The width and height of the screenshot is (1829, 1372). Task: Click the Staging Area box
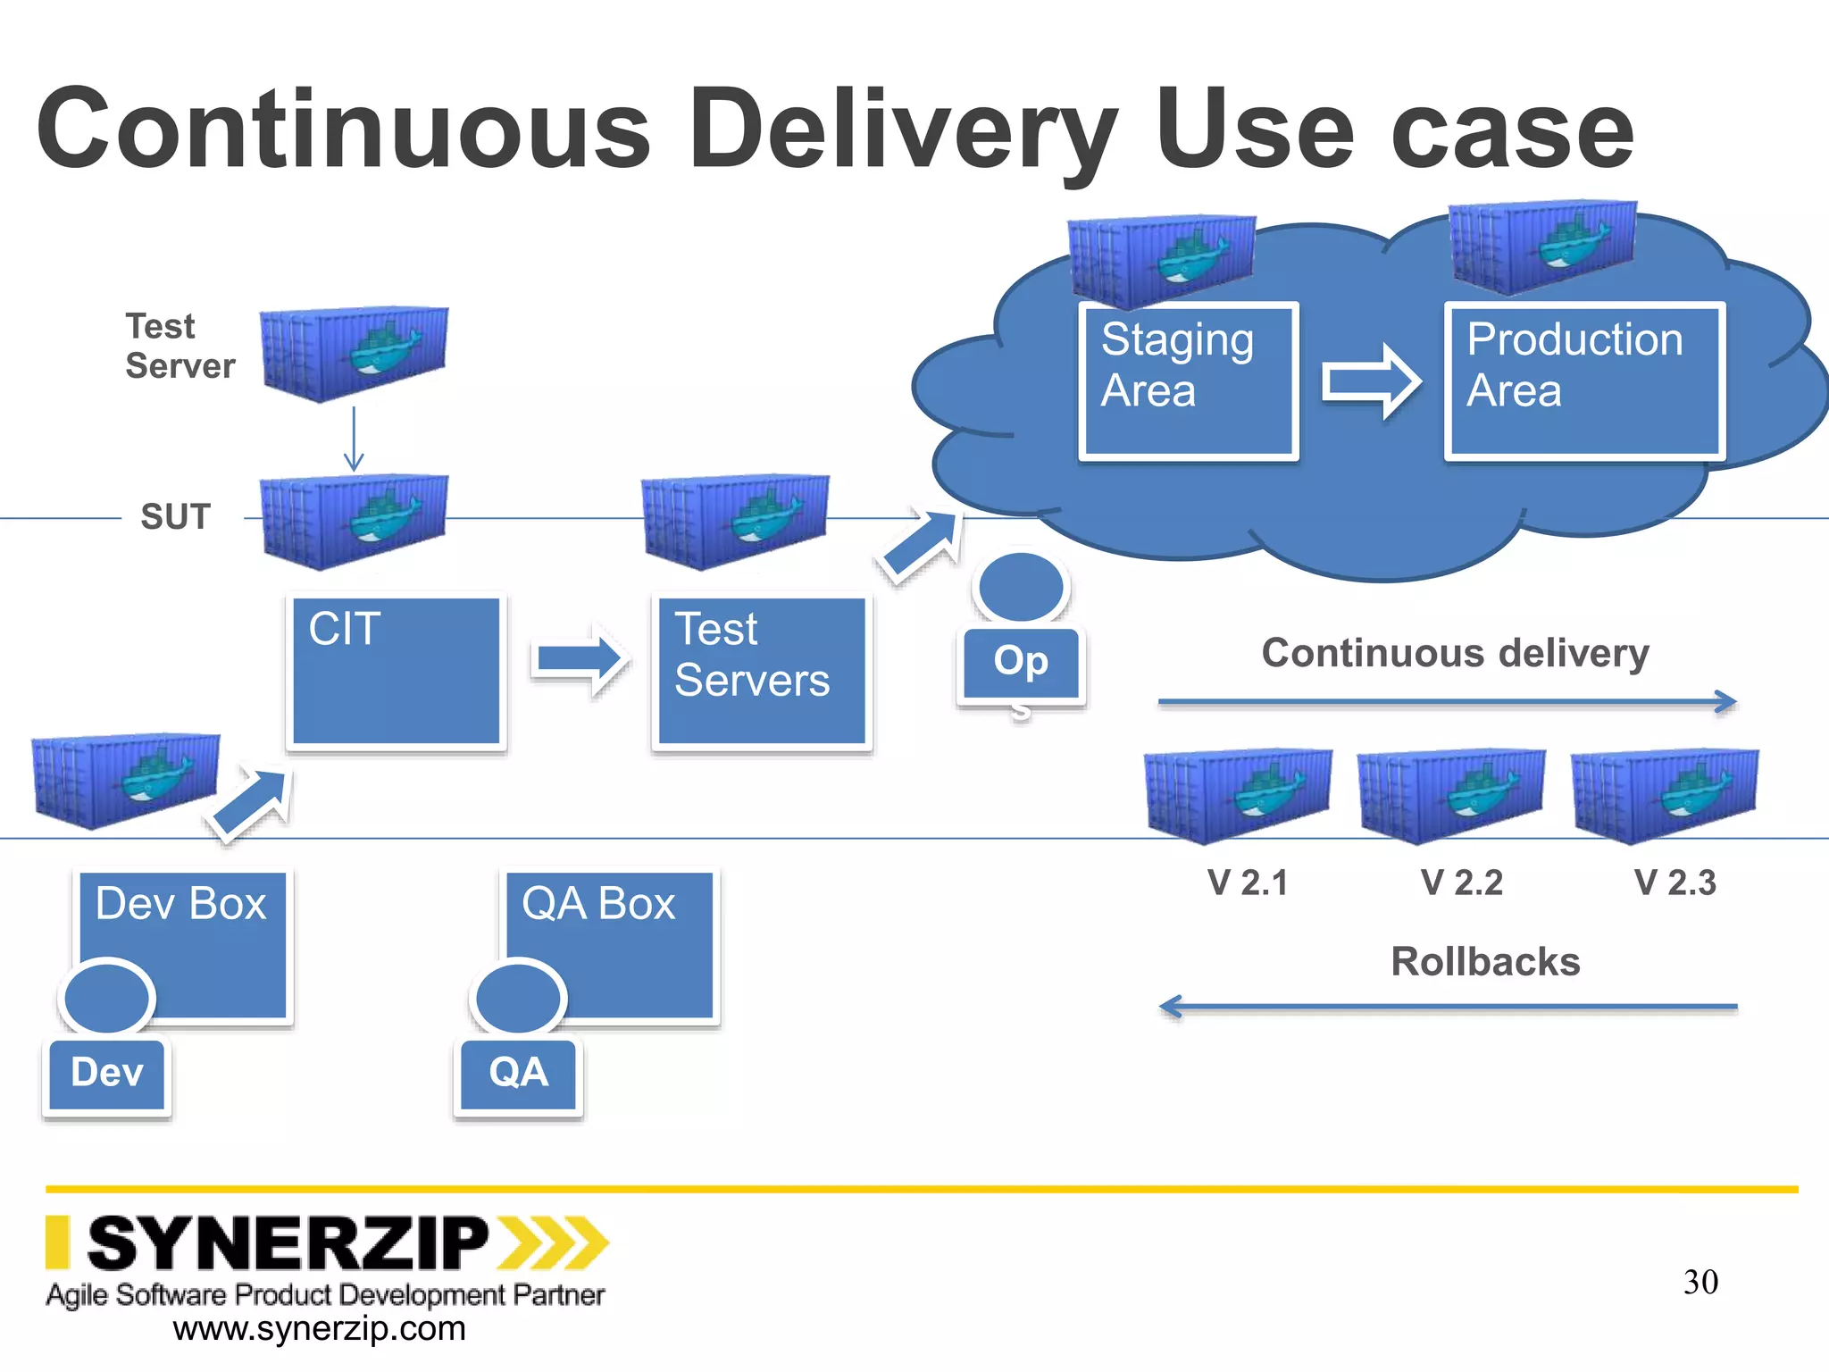point(1188,381)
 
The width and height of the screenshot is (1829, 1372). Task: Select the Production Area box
point(1583,381)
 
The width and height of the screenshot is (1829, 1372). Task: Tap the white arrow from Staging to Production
point(1371,381)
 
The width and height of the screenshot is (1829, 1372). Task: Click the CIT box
point(396,671)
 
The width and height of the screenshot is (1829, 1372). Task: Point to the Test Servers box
point(762,671)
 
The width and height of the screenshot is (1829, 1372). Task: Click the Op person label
point(1021,662)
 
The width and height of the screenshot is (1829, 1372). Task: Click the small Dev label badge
point(106,1073)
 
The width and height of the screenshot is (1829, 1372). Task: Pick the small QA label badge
point(518,1073)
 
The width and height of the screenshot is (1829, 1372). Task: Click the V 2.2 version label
point(1461,883)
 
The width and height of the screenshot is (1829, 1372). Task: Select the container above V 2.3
point(1665,794)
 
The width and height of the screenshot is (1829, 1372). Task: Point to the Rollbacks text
point(1485,962)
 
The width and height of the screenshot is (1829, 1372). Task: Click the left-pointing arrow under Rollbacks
point(1447,1007)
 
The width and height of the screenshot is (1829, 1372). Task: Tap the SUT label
point(175,516)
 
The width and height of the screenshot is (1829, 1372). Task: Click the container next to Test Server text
point(355,352)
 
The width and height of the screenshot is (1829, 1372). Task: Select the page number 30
point(1700,1282)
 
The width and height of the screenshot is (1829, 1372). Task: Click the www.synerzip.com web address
point(319,1329)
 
